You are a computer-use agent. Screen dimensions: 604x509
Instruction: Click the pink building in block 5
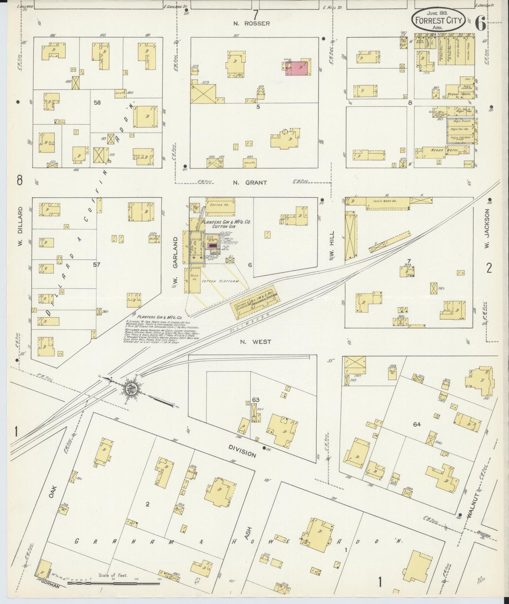pos(298,68)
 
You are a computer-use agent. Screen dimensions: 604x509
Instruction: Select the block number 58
pos(97,102)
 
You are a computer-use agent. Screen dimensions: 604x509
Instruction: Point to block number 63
pos(256,400)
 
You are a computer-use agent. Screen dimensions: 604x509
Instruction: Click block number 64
pos(417,424)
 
